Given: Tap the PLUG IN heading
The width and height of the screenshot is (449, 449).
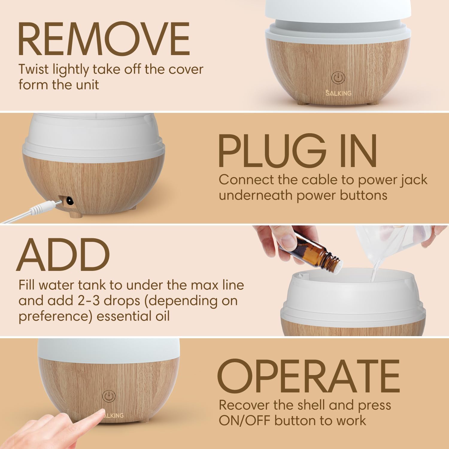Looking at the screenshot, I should point(298,151).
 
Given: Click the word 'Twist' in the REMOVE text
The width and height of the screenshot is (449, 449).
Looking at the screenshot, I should point(33,70).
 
